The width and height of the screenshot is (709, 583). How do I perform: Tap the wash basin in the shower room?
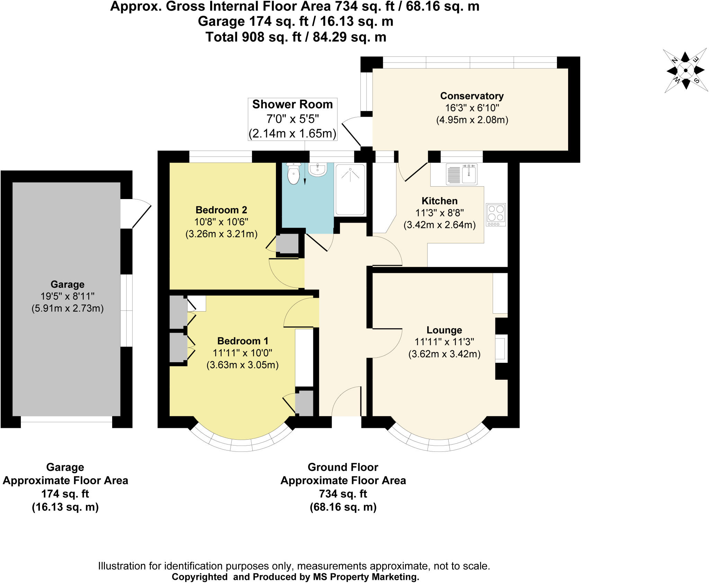click(x=317, y=170)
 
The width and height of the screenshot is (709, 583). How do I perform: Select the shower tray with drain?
click(x=350, y=189)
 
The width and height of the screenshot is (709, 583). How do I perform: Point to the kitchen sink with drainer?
click(x=461, y=174)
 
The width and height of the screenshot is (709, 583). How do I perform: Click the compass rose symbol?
click(x=685, y=71)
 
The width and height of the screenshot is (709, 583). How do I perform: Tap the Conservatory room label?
click(x=472, y=96)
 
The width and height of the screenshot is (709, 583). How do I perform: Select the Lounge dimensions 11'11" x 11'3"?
click(x=444, y=342)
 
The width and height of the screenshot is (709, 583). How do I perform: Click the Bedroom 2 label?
click(x=221, y=210)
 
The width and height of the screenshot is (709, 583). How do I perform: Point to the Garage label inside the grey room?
click(x=68, y=284)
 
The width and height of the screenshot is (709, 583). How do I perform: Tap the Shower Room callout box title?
click(x=292, y=105)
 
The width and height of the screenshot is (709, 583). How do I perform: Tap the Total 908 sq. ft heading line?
click(x=296, y=37)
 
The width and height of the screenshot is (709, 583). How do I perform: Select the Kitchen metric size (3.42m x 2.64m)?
click(x=439, y=225)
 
